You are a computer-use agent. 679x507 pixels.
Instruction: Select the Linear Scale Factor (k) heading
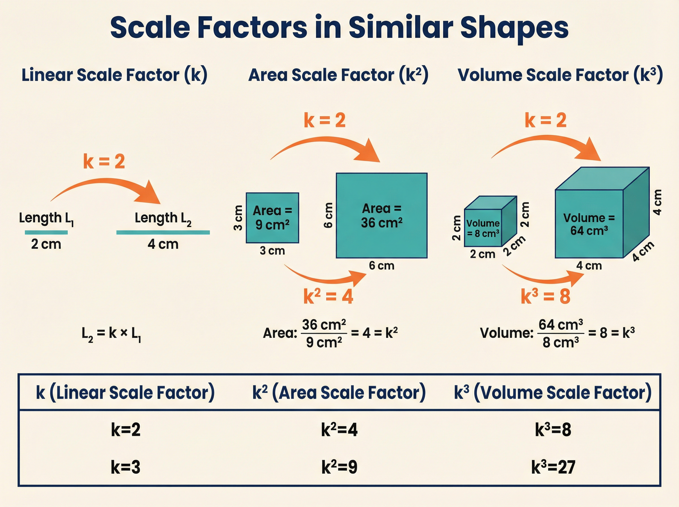[114, 75]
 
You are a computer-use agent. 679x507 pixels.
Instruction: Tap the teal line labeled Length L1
[46, 232]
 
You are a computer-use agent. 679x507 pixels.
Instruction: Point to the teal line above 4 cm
[163, 232]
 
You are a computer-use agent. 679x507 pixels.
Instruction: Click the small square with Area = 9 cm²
[272, 218]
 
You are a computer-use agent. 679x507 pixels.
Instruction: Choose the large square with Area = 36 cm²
[381, 215]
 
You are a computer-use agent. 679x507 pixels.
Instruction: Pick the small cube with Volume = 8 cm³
[483, 228]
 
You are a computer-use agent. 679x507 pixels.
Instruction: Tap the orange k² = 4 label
[328, 297]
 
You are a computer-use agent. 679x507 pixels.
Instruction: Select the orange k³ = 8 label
[545, 297]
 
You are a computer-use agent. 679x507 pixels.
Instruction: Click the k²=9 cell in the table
[339, 467]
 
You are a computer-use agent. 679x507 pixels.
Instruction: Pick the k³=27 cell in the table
[553, 467]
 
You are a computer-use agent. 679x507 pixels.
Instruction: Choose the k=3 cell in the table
[126, 467]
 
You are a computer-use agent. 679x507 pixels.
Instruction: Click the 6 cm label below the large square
[381, 265]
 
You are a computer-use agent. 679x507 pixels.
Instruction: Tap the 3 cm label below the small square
[272, 251]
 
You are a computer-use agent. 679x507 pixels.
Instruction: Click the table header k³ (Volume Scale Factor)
[553, 392]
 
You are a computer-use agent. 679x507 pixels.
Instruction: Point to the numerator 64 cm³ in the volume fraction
[560, 325]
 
